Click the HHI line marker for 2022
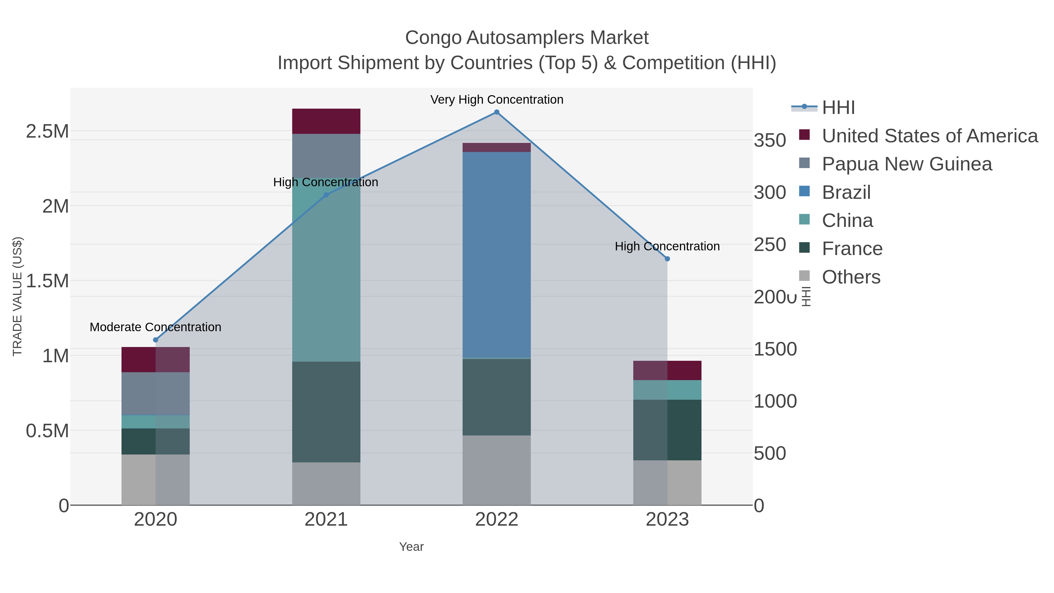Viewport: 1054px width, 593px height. pyautogui.click(x=496, y=112)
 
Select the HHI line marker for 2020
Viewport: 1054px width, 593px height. pyautogui.click(x=155, y=340)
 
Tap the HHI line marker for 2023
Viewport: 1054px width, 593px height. pyautogui.click(x=667, y=259)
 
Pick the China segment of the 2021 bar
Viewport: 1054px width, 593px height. pyautogui.click(x=326, y=270)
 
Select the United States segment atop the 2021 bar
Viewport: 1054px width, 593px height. pyautogui.click(x=326, y=121)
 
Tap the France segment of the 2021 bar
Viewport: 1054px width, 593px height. pyautogui.click(x=326, y=412)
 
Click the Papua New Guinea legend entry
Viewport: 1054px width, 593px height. pyautogui.click(x=907, y=164)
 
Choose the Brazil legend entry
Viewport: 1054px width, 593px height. pyautogui.click(x=846, y=192)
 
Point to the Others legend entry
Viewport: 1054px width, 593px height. pyautogui.click(x=851, y=277)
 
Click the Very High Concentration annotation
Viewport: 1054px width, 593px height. pyautogui.click(x=496, y=100)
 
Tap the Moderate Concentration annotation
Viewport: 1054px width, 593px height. pyautogui.click(x=155, y=327)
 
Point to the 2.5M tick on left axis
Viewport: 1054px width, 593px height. pyautogui.click(x=47, y=132)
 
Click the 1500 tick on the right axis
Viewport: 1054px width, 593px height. pyautogui.click(x=775, y=349)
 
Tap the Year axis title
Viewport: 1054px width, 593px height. pyautogui.click(x=411, y=547)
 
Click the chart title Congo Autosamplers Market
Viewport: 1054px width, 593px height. pyautogui.click(x=527, y=38)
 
